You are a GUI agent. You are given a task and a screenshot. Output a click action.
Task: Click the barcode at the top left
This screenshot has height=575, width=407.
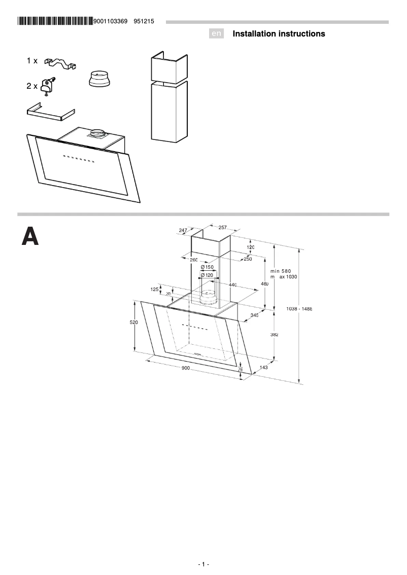pyautogui.click(x=55, y=21)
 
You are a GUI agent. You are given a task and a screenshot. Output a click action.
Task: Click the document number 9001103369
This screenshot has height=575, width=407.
pyautogui.click(x=111, y=21)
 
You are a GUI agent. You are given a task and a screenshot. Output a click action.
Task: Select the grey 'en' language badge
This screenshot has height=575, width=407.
pyautogui.click(x=217, y=34)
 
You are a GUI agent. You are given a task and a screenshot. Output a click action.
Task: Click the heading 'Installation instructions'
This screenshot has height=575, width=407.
pyautogui.click(x=279, y=34)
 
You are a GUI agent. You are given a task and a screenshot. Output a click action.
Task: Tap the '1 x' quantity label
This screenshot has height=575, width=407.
pyautogui.click(x=32, y=61)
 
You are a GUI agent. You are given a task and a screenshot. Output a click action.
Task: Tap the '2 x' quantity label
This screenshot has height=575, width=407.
pyautogui.click(x=32, y=86)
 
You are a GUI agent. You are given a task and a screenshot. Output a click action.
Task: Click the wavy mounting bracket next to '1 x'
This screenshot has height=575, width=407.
pyautogui.click(x=61, y=63)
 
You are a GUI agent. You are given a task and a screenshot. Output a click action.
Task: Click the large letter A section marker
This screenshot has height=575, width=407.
pyautogui.click(x=30, y=237)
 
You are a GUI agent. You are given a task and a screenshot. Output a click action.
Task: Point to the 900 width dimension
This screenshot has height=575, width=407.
pyautogui.click(x=185, y=368)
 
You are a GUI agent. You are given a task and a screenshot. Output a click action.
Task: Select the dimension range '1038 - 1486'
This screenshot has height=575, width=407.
pyautogui.click(x=299, y=309)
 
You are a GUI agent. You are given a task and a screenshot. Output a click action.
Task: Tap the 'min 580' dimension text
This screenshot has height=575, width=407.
pyautogui.click(x=283, y=271)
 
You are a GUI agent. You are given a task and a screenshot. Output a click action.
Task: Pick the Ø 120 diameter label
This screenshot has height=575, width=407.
pyautogui.click(x=207, y=275)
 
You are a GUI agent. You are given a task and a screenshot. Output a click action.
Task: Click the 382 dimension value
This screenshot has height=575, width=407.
pyautogui.click(x=274, y=335)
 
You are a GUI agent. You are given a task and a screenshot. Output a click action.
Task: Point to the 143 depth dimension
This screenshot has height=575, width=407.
pyautogui.click(x=263, y=367)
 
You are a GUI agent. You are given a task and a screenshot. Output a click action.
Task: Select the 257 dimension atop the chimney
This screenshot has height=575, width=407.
pyautogui.click(x=222, y=228)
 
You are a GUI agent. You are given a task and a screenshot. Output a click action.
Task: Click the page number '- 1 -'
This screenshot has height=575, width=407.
pyautogui.click(x=203, y=564)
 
